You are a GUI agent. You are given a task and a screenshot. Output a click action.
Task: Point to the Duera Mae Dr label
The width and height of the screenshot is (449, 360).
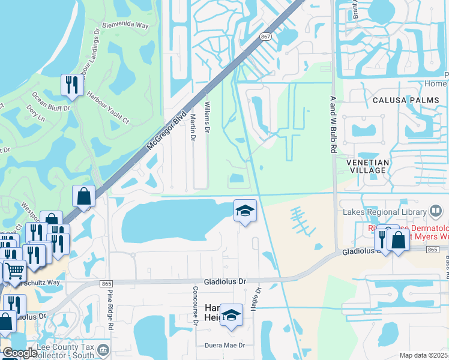(x=225, y=346)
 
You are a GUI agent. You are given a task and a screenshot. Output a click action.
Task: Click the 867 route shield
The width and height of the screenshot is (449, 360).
(x=265, y=36)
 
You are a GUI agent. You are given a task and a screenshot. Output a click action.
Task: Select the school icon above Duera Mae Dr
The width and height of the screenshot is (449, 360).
(x=231, y=316)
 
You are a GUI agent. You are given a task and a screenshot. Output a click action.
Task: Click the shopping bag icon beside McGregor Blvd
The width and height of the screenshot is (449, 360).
(x=83, y=196)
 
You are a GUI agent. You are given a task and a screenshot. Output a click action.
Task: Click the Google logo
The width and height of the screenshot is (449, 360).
(x=20, y=353)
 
